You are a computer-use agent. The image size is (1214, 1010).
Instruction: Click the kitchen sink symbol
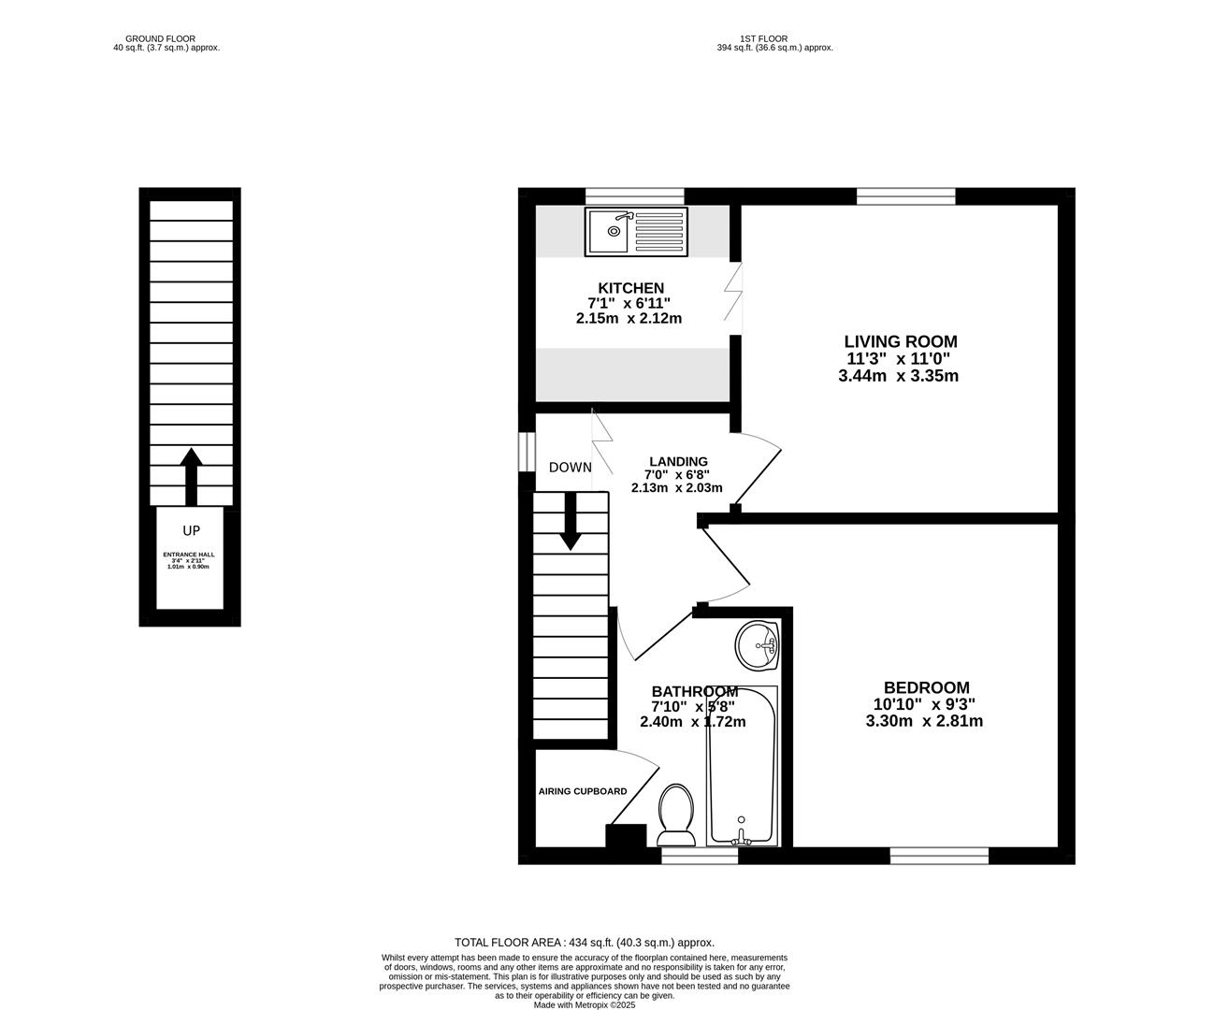coord(635,231)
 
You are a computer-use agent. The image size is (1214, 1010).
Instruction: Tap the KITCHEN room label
coord(630,288)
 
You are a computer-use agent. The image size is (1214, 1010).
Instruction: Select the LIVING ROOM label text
coord(900,342)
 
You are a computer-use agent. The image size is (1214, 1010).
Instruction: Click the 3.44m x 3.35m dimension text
coord(898,376)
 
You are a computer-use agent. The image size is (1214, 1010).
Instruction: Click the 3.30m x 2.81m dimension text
coord(924,721)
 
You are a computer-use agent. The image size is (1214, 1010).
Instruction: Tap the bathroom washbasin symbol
coord(757,645)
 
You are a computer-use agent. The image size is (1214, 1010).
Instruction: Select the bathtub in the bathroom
coord(743,766)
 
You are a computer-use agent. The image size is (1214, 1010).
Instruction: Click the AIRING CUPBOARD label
coord(582,791)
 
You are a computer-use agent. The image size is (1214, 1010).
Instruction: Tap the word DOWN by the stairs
coord(570,468)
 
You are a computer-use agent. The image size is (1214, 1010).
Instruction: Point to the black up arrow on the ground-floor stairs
coord(191,476)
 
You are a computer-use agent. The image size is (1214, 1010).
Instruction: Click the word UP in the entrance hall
coord(191,530)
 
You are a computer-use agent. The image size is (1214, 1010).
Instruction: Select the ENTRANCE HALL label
coord(190,555)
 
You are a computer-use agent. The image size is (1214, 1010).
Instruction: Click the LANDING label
coord(678,461)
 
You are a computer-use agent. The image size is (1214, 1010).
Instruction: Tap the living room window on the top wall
coord(905,195)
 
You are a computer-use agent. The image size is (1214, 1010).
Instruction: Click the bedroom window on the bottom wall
coord(938,855)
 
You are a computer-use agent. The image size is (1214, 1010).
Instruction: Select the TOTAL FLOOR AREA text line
coord(584,943)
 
